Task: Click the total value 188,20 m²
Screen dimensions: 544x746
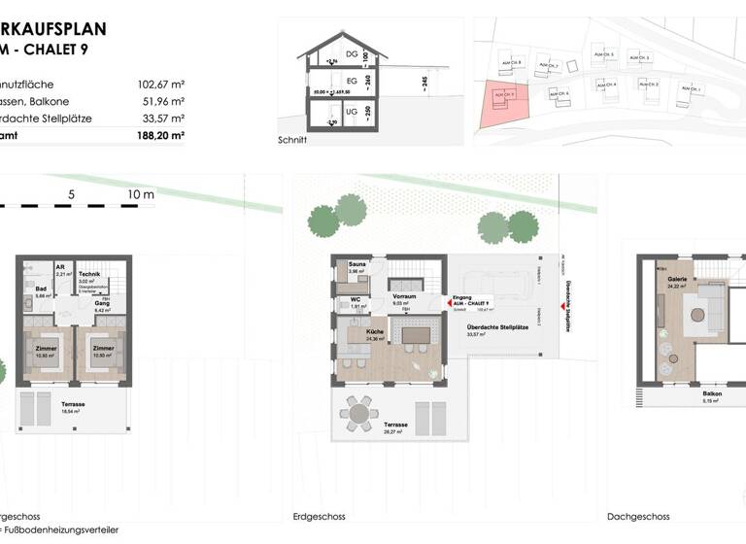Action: [160, 136]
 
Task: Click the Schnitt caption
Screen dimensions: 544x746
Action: [291, 140]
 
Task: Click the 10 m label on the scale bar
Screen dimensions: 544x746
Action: [141, 195]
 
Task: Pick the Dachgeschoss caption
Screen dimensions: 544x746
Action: [637, 517]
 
